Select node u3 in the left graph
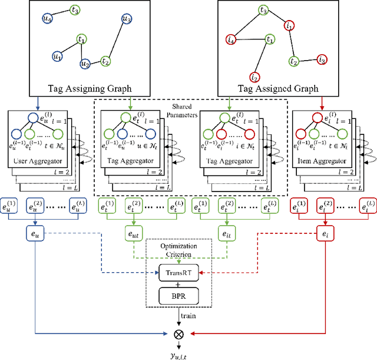125,19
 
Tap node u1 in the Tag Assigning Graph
57,57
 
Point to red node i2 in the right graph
254,77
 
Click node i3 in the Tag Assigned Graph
322,60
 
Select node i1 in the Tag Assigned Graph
289,26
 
